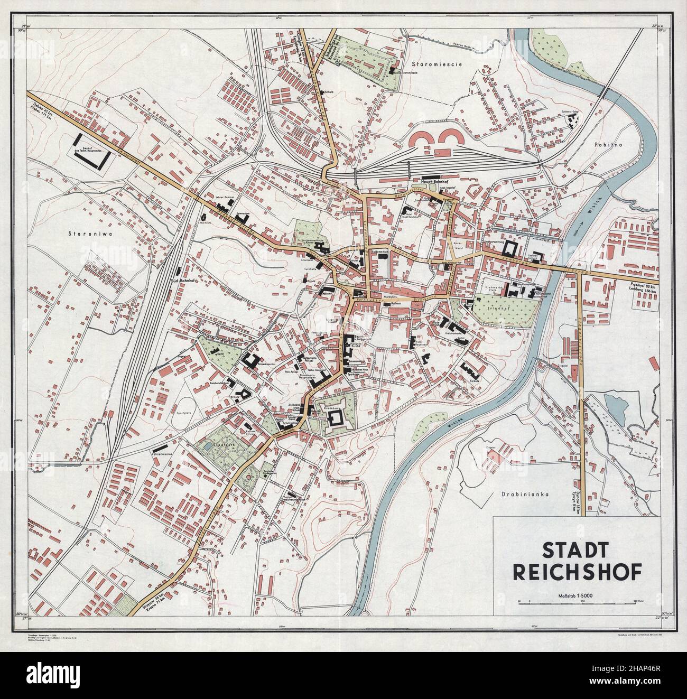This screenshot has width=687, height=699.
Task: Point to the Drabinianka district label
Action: (x=517, y=495)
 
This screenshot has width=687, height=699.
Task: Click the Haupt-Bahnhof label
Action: (x=434, y=185)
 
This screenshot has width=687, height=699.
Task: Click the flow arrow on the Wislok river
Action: (x=580, y=225)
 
